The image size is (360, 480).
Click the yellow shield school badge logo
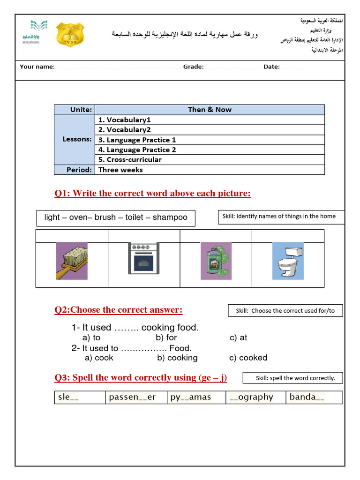point(71,34)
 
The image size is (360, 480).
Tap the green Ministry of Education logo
point(31,32)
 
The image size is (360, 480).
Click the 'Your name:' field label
point(37,67)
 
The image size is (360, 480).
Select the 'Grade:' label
point(193,67)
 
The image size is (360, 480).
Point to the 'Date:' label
point(271,67)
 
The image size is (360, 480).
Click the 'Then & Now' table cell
point(210,110)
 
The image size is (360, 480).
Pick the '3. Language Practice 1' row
point(137,140)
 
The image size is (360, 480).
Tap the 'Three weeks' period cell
point(120,170)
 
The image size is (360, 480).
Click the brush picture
point(72,261)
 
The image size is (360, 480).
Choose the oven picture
point(144,258)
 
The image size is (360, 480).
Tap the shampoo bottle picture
point(216,261)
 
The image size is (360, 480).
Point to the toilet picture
point(287,261)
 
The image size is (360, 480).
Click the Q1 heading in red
point(152,194)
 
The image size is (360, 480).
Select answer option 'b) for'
point(166,337)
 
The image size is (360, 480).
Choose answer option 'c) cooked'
point(248,358)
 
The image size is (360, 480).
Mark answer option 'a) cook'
point(99,358)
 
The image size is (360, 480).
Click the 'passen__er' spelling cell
point(136,397)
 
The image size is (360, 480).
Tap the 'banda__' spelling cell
point(314,397)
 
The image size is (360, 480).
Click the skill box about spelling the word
point(292,378)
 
